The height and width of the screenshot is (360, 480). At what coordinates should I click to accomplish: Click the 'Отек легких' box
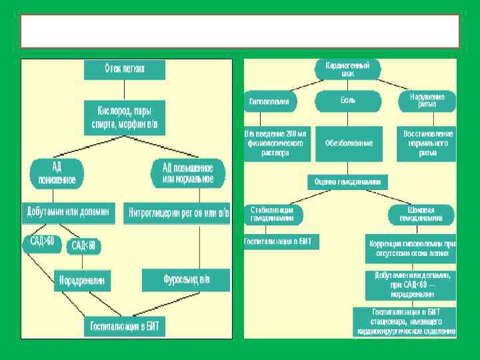click(x=125, y=68)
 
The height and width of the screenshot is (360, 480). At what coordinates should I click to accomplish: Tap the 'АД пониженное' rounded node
click(x=56, y=172)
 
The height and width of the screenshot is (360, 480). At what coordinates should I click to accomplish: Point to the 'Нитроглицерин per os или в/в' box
click(x=177, y=213)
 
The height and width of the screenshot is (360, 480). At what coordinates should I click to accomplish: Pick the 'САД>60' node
click(x=42, y=242)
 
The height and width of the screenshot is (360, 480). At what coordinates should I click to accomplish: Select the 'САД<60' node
click(x=83, y=245)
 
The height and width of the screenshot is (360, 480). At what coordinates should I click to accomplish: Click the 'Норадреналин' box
click(x=83, y=281)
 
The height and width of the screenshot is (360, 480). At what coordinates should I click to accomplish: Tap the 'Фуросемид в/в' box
click(x=186, y=279)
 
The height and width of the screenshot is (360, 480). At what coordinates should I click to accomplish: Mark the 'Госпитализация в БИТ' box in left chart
click(x=125, y=327)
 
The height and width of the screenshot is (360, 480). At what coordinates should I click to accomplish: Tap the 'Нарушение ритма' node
click(x=427, y=101)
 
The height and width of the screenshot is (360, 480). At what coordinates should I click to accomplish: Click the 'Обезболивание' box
click(x=349, y=143)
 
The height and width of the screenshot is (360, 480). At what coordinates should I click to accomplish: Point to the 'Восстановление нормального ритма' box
click(x=428, y=143)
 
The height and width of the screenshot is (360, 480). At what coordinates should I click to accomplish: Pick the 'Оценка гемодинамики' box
click(x=347, y=181)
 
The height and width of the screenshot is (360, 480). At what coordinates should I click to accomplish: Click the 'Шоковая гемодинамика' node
click(x=422, y=214)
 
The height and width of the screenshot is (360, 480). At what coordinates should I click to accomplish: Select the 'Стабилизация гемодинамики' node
click(x=273, y=214)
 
